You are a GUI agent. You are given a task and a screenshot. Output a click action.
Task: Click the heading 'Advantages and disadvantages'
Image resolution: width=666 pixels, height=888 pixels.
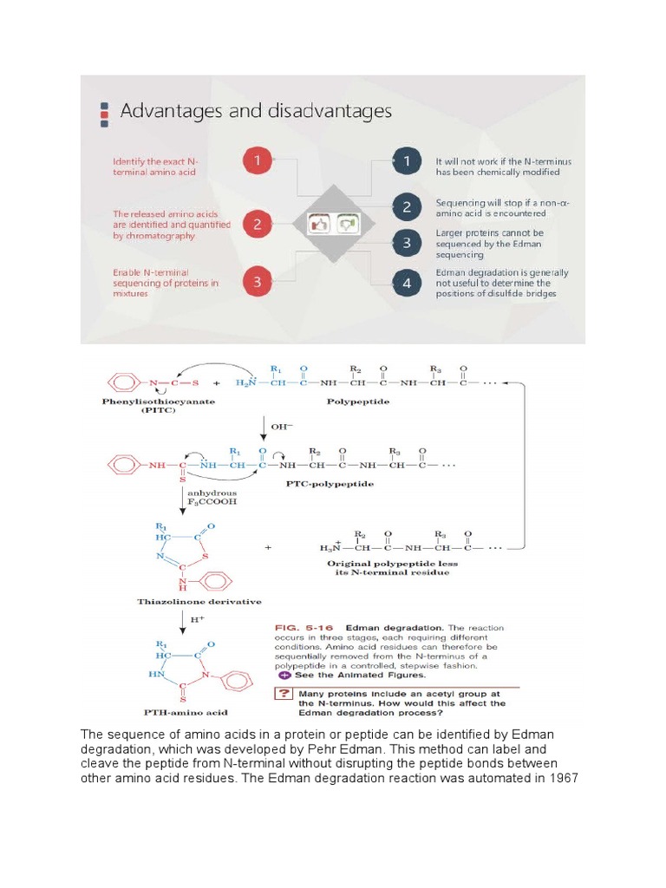[255, 111]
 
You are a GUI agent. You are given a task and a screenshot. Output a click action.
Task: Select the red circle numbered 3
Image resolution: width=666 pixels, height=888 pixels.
[257, 281]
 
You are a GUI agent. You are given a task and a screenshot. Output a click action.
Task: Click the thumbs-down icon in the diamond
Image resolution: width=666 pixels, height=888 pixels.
[347, 223]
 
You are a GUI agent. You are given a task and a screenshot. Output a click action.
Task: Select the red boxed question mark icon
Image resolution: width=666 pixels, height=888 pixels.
[284, 693]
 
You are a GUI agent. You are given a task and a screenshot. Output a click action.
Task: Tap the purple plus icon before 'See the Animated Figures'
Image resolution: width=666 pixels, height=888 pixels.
[284, 674]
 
